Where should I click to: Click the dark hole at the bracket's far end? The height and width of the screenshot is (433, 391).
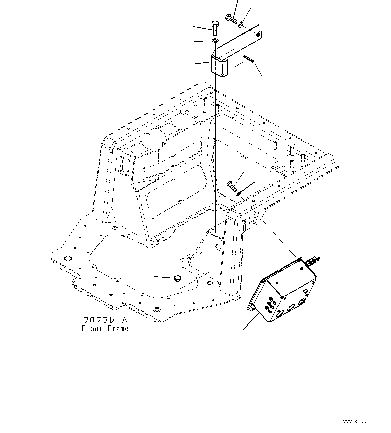click(x=258, y=34)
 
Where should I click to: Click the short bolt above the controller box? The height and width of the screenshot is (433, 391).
click(x=232, y=186)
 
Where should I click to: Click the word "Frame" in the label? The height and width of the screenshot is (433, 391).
click(x=118, y=328)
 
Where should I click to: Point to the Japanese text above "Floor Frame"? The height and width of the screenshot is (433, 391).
click(x=105, y=320)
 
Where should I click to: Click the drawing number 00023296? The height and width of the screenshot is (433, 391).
click(x=355, y=421)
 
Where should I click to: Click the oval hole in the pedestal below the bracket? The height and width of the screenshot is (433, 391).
click(x=217, y=248)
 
